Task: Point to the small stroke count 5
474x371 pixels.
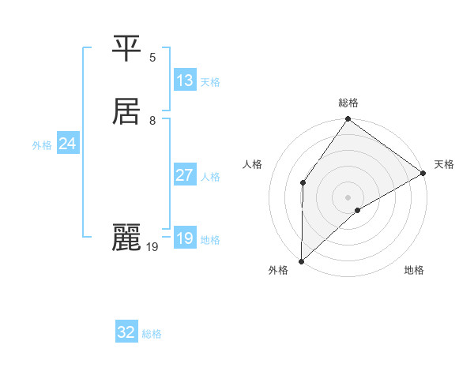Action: point(152,58)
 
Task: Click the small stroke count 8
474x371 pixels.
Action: point(152,120)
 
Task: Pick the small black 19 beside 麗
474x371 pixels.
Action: point(152,247)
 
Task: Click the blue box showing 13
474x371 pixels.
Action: point(185,81)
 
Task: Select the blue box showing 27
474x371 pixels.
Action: point(185,175)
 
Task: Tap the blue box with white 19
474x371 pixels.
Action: point(185,238)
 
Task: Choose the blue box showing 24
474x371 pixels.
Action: point(68,144)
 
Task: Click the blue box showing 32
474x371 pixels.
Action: point(126,332)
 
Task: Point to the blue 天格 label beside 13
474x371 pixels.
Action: point(210,82)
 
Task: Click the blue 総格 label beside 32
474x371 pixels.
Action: point(152,334)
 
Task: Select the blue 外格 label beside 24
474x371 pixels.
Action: point(42,145)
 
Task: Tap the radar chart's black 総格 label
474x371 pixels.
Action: point(348,103)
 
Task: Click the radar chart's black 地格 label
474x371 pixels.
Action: point(414,271)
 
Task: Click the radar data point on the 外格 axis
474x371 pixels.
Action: point(301,260)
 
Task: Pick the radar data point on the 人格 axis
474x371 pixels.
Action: point(303,182)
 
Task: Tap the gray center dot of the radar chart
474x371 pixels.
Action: point(348,197)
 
